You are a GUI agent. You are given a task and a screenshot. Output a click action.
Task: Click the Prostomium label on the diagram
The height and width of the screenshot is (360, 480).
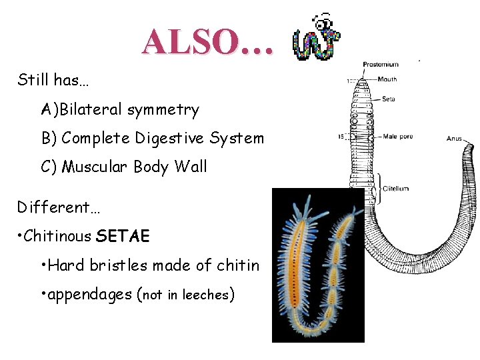[x=381, y=65]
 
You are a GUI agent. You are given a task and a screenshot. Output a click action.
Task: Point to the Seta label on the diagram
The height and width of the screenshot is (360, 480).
[x=389, y=99]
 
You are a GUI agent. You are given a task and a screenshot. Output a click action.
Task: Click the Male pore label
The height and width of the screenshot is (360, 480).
[x=398, y=137]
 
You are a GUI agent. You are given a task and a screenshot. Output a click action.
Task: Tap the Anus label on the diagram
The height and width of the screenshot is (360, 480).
[x=454, y=139]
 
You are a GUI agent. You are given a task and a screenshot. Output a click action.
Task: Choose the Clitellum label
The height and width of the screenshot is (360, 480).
[x=395, y=189]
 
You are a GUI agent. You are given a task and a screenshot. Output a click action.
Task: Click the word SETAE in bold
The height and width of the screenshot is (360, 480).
[x=123, y=236]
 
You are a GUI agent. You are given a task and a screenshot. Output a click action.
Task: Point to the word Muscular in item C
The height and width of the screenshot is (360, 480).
[x=90, y=167]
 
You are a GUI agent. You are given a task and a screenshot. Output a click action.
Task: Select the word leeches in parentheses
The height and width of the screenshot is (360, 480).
[x=207, y=295]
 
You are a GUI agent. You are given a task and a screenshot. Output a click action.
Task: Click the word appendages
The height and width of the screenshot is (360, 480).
[x=89, y=295]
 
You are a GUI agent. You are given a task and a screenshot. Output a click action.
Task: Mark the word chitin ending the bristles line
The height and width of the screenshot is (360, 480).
[x=237, y=265]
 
